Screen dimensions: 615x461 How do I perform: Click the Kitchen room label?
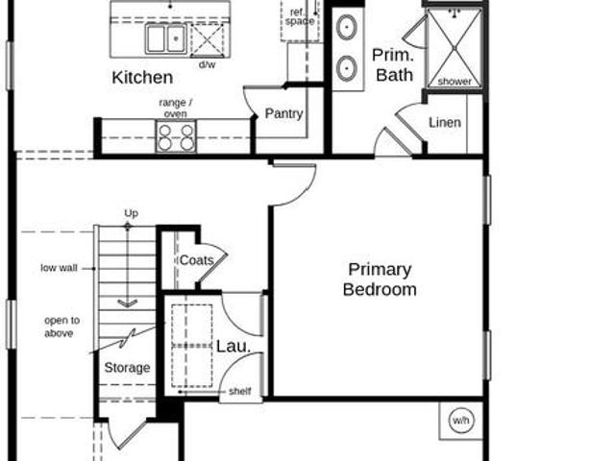click(142, 77)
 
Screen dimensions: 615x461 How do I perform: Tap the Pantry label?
click(283, 113)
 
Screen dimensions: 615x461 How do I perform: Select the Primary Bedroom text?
click(380, 279)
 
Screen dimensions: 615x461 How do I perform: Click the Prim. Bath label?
click(393, 65)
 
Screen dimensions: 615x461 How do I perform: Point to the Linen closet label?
click(445, 122)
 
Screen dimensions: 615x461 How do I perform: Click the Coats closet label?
click(196, 260)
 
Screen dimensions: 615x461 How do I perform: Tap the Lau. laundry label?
click(234, 346)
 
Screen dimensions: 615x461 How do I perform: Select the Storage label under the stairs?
click(127, 367)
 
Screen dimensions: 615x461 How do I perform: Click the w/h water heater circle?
click(461, 421)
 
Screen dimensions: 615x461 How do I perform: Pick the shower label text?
click(455, 81)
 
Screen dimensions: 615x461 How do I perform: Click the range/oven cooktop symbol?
click(176, 136)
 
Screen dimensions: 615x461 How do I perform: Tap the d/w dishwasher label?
click(208, 64)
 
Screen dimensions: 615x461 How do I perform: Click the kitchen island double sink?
click(165, 38)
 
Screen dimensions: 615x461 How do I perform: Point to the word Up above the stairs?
click(131, 213)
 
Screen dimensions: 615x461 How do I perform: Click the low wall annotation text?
click(59, 268)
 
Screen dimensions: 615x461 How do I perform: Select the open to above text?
click(61, 327)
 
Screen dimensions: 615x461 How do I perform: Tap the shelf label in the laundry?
click(239, 391)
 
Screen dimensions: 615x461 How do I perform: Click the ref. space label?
click(300, 17)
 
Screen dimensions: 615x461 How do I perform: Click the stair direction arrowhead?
click(128, 303)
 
